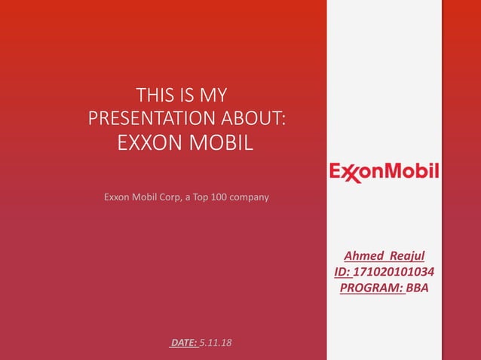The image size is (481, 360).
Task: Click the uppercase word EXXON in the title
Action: [x=152, y=142]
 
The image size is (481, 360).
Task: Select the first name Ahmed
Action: [x=363, y=256]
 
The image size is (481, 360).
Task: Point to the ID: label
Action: [x=343, y=271]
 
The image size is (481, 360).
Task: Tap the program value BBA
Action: [x=417, y=286]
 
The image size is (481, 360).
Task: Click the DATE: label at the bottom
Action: [x=185, y=343]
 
